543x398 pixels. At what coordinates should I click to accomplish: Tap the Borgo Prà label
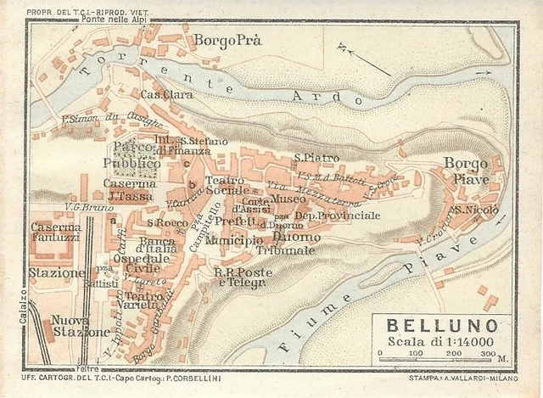click(226, 40)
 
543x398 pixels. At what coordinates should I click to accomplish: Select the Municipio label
click(233, 241)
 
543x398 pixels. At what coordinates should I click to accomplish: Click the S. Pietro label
click(316, 158)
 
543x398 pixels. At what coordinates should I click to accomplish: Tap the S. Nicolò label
click(477, 210)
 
